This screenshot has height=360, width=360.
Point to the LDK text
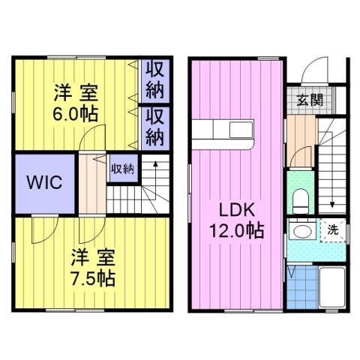[235, 209]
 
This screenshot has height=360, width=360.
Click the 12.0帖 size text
[235, 231]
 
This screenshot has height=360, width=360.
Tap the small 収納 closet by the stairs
[122, 168]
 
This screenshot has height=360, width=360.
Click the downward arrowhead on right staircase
[331, 207]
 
